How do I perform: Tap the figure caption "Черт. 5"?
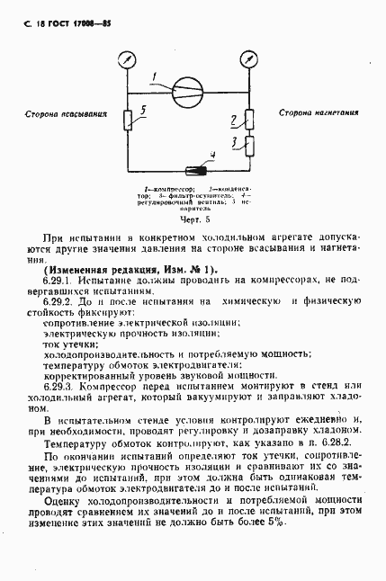194,218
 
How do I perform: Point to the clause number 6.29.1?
58,282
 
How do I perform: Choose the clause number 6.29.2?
58,303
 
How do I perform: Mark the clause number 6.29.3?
58,385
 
